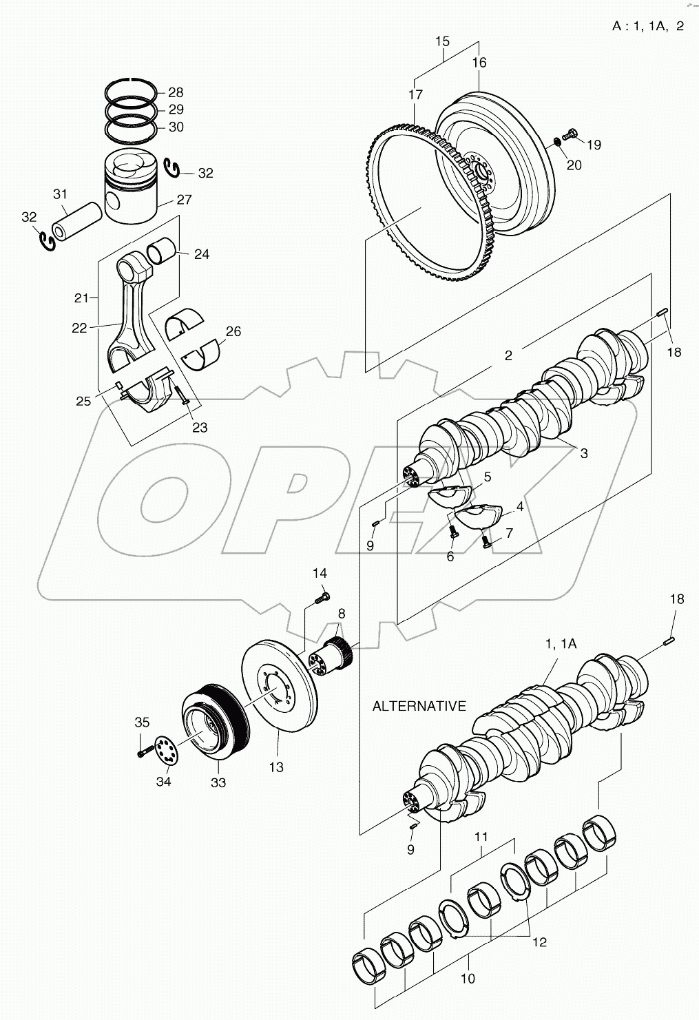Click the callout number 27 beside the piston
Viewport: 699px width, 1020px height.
[184, 200]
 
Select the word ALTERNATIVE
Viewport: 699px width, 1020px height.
[419, 706]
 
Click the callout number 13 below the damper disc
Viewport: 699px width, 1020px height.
[275, 767]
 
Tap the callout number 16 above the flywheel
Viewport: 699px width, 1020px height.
[479, 63]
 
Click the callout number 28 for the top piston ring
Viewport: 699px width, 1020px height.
[176, 92]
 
